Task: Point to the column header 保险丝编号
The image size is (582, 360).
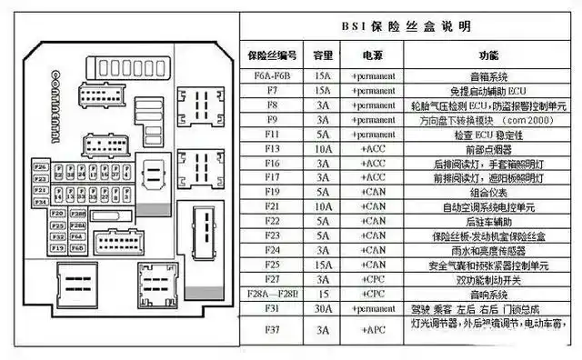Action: click(272, 55)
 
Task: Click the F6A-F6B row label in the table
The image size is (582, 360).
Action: click(272, 76)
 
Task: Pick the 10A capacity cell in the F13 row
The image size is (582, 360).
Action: click(323, 148)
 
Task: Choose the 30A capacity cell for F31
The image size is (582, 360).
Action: click(323, 308)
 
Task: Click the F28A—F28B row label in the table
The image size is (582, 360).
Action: click(272, 294)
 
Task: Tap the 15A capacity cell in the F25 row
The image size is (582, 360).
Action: click(323, 265)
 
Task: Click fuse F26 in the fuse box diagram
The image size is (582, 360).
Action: click(40, 167)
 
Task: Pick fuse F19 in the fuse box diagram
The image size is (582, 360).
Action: click(56, 246)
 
